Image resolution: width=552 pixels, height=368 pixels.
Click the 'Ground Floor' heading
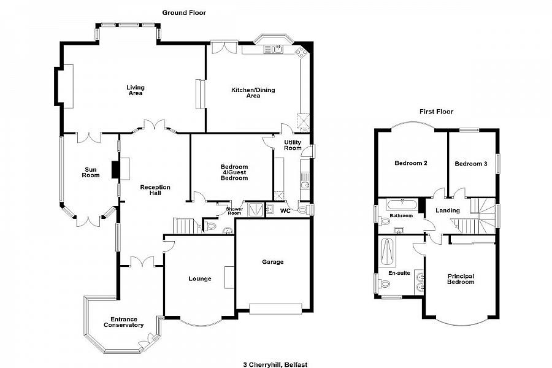[184, 12]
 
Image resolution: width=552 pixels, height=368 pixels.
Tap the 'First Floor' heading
[436, 112]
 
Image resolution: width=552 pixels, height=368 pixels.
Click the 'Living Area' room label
[136, 90]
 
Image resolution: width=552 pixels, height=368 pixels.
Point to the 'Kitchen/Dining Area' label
[253, 93]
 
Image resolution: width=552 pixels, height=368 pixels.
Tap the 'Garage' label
[273, 262]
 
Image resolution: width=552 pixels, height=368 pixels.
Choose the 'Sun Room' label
[91, 172]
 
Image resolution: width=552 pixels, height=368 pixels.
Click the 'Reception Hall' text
[155, 190]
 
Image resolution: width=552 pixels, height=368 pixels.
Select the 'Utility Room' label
[293, 145]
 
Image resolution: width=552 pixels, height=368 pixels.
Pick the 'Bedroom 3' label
[471, 164]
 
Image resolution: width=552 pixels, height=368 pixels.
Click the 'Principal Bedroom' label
[461, 278]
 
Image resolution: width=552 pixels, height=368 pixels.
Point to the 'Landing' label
[448, 211]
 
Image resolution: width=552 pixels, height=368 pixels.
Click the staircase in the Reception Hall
[185, 226]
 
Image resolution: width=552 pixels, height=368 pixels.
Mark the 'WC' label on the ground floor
[285, 211]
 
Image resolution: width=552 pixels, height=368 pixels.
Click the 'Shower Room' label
[234, 210]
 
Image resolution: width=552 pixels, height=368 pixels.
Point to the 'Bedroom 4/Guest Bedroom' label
[234, 172]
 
